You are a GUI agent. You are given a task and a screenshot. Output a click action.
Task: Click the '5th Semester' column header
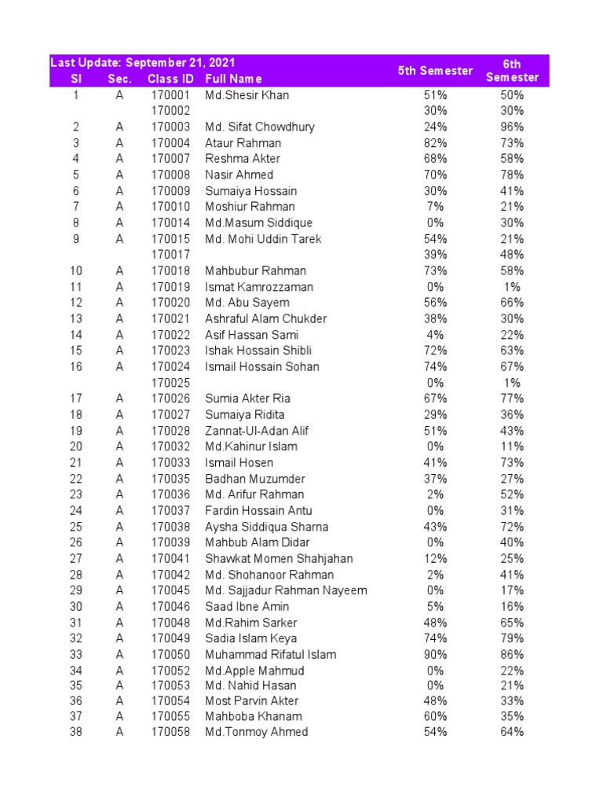tap(435, 71)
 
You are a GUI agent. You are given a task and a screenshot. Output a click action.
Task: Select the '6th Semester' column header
tap(512, 71)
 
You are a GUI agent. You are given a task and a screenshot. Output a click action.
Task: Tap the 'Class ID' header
tap(170, 79)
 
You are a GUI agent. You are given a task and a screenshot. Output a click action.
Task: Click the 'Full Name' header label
tap(233, 79)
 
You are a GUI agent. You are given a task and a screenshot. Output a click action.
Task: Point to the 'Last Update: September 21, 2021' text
tap(143, 63)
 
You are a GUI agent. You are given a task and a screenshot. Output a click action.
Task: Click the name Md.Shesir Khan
tap(247, 95)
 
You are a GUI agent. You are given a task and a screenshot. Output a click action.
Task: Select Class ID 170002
tap(170, 111)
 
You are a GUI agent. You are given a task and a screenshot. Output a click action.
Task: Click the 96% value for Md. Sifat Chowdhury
tap(512, 127)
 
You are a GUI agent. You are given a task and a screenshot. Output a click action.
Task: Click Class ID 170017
tap(170, 255)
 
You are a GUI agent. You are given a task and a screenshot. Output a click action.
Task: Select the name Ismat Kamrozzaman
tap(259, 287)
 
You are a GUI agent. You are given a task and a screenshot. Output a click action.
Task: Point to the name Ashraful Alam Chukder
tap(266, 318)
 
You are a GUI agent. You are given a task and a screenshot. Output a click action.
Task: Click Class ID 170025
tap(170, 383)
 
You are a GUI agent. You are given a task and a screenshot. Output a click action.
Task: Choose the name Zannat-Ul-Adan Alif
tap(257, 431)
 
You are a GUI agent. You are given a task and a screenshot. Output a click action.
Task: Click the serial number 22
tap(75, 479)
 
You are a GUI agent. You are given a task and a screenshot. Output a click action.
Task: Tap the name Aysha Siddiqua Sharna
tap(267, 527)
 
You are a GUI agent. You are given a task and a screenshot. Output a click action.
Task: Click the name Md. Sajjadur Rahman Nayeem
tap(286, 590)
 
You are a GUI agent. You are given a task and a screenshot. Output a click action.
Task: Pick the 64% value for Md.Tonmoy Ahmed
tap(512, 732)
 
